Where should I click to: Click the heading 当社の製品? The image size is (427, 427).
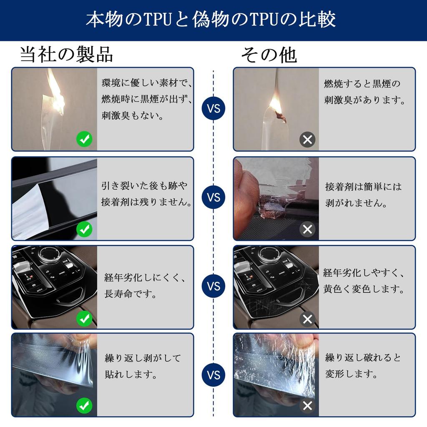66,55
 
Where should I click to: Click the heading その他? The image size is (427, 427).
269,55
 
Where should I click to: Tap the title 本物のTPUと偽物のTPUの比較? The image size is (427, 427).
211,19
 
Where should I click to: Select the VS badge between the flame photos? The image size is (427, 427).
213,108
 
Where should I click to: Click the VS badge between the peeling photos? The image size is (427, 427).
213,197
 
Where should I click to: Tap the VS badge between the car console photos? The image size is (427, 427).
213,286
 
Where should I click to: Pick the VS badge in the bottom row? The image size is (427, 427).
213,375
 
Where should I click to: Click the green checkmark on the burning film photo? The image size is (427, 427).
84,139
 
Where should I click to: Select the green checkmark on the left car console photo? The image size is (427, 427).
84,318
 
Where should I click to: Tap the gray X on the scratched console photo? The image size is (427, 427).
307,319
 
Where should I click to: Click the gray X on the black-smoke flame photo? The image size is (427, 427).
307,140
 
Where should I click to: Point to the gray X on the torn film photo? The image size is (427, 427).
307,406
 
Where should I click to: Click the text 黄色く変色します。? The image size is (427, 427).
364,289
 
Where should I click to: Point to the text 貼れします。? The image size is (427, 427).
131,375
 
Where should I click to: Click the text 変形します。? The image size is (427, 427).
351,374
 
